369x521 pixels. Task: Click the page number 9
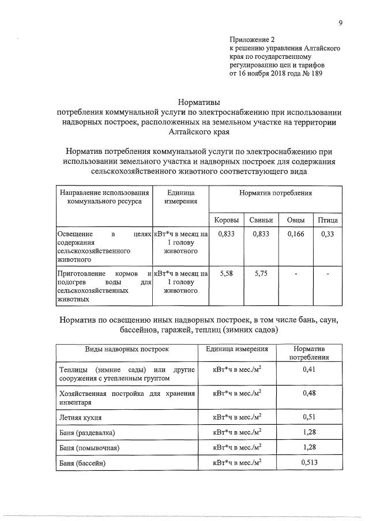tap(341, 23)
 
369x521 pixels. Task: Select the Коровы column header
tap(223, 221)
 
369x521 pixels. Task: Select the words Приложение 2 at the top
tap(253, 40)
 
